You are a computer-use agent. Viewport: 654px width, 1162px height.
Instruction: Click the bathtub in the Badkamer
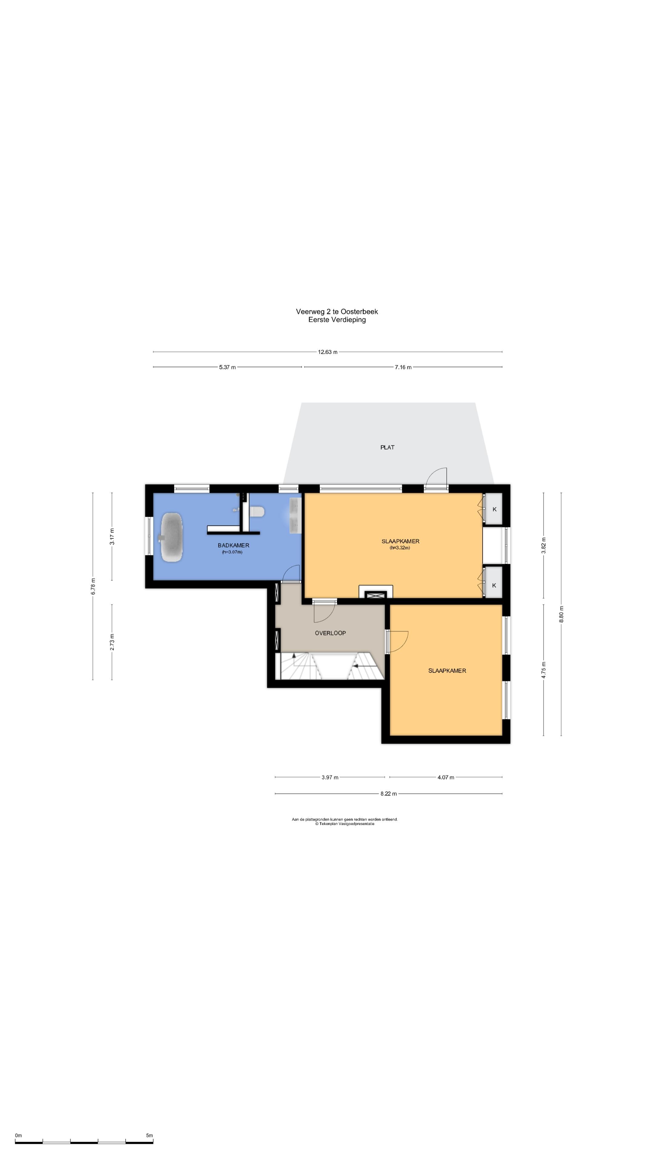172,537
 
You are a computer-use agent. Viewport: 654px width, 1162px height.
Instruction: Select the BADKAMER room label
233,545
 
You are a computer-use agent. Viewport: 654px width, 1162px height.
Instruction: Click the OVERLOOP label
330,633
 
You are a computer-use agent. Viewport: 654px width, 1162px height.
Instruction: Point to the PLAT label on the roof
387,448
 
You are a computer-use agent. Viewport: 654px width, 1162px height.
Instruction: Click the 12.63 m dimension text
328,352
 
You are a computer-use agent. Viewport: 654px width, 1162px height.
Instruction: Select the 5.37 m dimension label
227,367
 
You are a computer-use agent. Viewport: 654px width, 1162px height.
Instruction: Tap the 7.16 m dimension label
403,367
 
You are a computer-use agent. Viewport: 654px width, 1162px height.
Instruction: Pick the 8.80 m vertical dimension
561,614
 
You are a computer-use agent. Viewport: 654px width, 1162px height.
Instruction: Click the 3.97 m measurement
330,777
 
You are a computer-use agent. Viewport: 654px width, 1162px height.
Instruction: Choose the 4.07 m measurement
445,777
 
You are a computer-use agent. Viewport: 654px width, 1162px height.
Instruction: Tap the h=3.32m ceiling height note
400,548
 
